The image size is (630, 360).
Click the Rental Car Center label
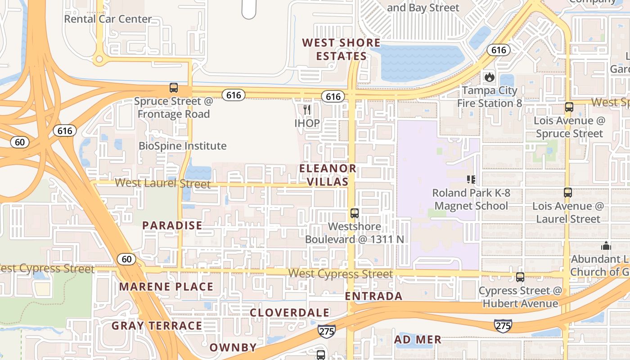pos(108,19)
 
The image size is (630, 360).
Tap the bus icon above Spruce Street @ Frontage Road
pos(173,88)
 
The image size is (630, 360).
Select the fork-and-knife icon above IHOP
pos(307,109)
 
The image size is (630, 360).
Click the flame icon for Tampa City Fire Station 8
pos(490,77)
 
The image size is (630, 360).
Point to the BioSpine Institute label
pos(182,146)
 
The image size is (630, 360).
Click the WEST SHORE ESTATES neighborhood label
pos(341,49)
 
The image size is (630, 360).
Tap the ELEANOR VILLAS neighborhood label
pos(328,175)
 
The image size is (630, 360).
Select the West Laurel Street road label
pos(162,183)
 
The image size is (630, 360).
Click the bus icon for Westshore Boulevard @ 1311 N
pos(355,213)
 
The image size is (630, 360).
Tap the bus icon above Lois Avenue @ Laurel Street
pos(568,193)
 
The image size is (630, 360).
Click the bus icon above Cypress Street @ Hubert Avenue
pos(520,277)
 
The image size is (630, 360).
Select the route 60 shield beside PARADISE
pos(126,259)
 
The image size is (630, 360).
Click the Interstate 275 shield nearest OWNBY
pos(326,331)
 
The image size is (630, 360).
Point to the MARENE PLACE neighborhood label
pos(166,287)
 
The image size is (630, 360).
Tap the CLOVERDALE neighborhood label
pos(289,312)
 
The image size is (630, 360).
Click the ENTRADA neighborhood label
pos(373,296)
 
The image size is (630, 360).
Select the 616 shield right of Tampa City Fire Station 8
pos(499,50)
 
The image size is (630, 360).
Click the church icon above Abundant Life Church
pos(606,246)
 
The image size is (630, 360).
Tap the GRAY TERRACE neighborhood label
pos(157,325)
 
